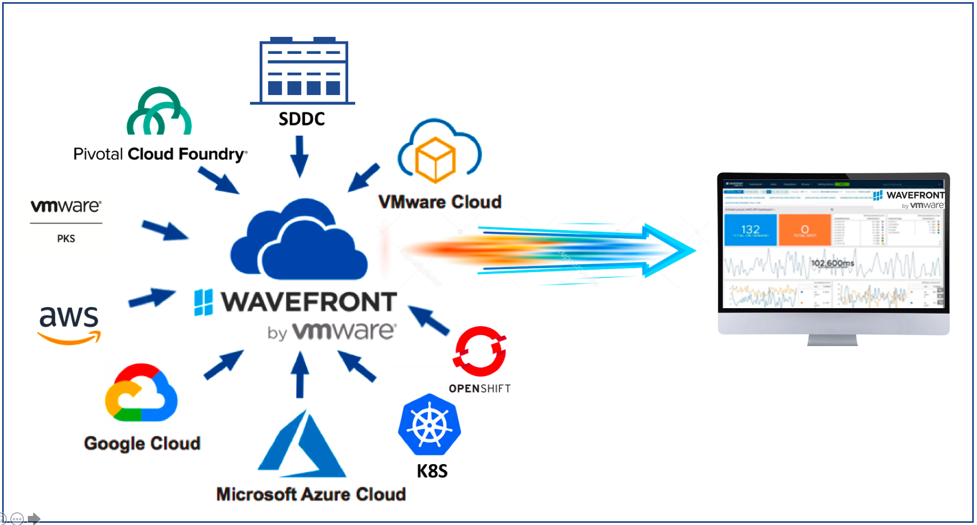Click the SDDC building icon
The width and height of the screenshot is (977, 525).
pos(303,70)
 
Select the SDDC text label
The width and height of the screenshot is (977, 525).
pos(302,119)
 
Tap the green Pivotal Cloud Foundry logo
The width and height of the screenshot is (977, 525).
pos(159,112)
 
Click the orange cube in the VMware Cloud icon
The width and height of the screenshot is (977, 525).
pos(435,159)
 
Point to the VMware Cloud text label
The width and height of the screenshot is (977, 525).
pos(440,202)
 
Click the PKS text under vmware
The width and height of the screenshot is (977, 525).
pos(66,239)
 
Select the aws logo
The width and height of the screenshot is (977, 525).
pos(69,324)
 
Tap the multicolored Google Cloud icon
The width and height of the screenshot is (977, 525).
pos(142,393)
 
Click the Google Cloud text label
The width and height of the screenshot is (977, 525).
pos(142,443)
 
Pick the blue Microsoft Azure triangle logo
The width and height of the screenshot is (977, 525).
pos(302,446)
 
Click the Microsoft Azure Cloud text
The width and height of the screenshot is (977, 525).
pos(311,494)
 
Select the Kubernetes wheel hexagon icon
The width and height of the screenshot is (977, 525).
pos(429,425)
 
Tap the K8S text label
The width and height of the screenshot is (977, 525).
pos(432,471)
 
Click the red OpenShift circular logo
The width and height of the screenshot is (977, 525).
pos(480,351)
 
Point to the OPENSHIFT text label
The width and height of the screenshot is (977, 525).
pos(479,389)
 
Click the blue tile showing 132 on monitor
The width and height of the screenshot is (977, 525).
pos(750,230)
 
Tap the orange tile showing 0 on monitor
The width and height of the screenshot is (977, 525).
pos(804,230)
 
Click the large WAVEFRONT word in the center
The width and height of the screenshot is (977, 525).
pos(309,302)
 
